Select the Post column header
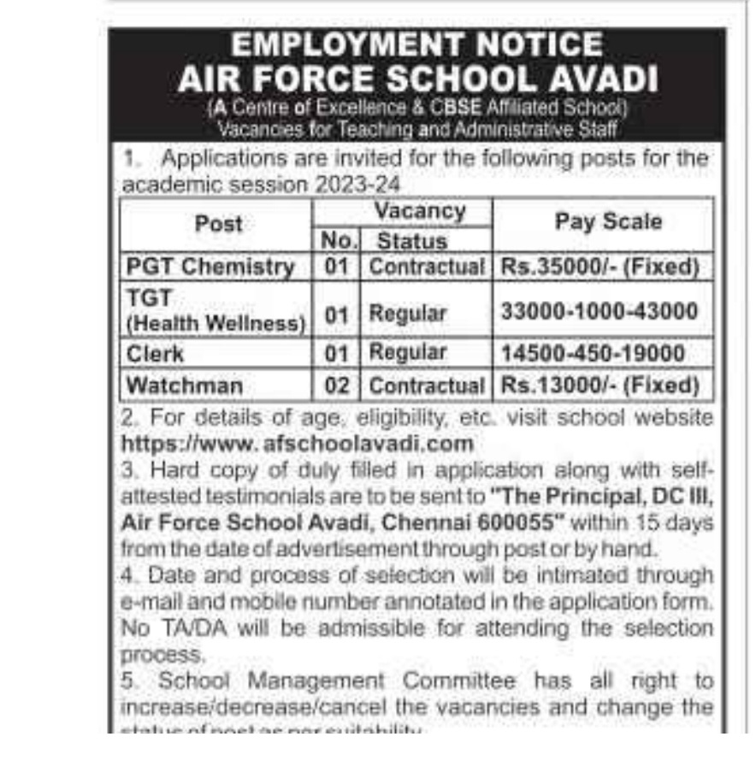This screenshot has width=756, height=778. pos(218,225)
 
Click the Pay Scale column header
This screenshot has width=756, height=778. pos(608,222)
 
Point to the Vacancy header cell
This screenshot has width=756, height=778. pos(420,211)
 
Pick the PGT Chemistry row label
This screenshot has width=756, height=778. pos(210,267)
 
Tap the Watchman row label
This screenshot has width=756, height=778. pos(184,385)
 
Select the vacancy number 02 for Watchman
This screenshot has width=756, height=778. pos(337,386)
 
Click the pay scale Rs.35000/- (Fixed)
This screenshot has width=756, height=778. pos(600,267)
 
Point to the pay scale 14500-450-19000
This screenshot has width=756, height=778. pos(592,352)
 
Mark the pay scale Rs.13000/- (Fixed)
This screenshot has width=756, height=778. pos(600,385)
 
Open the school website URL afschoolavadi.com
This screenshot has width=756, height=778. pos(298,443)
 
